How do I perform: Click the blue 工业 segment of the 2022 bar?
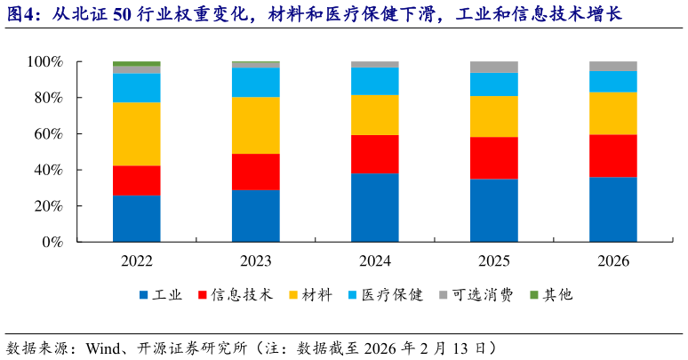point(136,218)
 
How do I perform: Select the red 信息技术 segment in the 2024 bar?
point(374,154)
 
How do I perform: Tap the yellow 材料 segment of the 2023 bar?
point(255,125)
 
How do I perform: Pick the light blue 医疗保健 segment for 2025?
point(493,84)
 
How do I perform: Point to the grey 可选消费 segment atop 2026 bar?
point(613,66)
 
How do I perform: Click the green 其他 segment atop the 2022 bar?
point(136,64)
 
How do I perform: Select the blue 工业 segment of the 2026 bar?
point(613,209)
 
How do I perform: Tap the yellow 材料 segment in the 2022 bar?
point(136,134)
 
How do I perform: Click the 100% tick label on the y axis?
point(44,62)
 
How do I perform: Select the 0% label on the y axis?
point(52,242)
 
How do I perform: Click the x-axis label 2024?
point(374,261)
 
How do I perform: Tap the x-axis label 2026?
point(613,261)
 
